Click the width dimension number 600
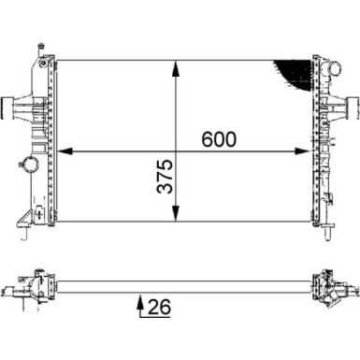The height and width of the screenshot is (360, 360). tap(219, 139)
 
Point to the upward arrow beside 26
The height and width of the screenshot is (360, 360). tap(140, 303)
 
